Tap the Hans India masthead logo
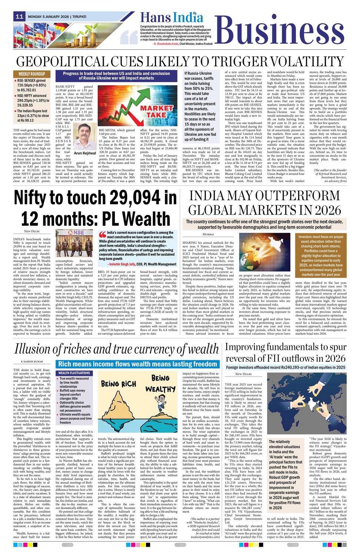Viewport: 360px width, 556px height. pos(171,17)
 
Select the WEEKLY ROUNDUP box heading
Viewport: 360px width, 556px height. pos(32,74)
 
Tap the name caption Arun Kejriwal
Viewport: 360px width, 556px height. pos(85,153)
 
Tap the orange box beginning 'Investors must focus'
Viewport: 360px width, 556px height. pos(321,256)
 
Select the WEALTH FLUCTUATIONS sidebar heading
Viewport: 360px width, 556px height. pos(74,373)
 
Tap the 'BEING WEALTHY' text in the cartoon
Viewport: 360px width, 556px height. pos(160,384)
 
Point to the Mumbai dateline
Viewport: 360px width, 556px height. pos(208,234)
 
